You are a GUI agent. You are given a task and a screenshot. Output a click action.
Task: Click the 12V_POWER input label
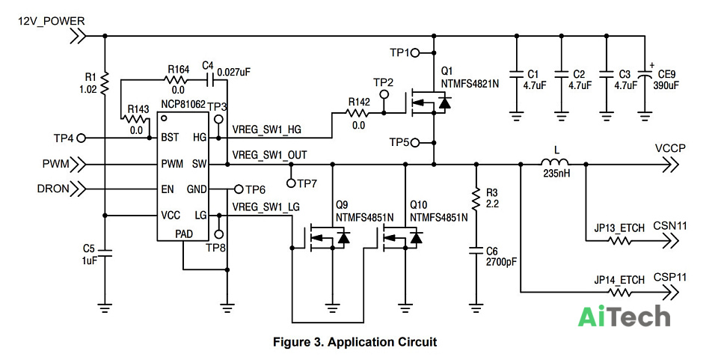coord(51,21)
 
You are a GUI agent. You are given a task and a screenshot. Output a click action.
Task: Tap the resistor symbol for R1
coord(105,83)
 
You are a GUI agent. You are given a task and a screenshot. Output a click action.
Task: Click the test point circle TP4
coord(82,138)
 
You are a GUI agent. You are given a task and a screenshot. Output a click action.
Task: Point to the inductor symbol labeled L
coord(554,162)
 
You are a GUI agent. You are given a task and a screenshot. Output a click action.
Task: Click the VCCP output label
coord(670,148)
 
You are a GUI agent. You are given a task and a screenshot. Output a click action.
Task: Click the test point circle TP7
coord(291,183)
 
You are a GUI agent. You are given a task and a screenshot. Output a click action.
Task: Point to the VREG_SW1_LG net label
coord(266,207)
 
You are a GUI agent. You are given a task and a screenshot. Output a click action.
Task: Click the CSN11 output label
coord(670,226)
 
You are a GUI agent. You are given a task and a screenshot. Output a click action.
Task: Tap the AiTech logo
coord(624,317)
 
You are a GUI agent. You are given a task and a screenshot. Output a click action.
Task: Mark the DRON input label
coord(53,189)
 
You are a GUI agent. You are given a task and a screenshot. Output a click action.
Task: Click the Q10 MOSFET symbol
coord(401,239)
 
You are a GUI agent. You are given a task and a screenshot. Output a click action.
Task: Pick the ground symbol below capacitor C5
coord(105,308)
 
